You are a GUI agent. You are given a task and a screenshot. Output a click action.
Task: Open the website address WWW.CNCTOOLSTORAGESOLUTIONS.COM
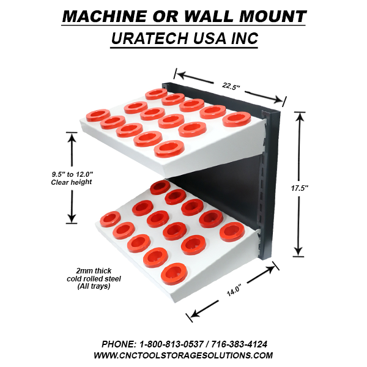[183, 355]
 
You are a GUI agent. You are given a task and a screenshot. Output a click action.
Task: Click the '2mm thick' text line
[94, 270]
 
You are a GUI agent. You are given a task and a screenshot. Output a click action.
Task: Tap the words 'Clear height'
[72, 182]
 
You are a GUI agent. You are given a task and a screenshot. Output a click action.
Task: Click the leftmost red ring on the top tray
[97, 115]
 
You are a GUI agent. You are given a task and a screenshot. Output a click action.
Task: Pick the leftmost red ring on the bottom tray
[111, 217]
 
